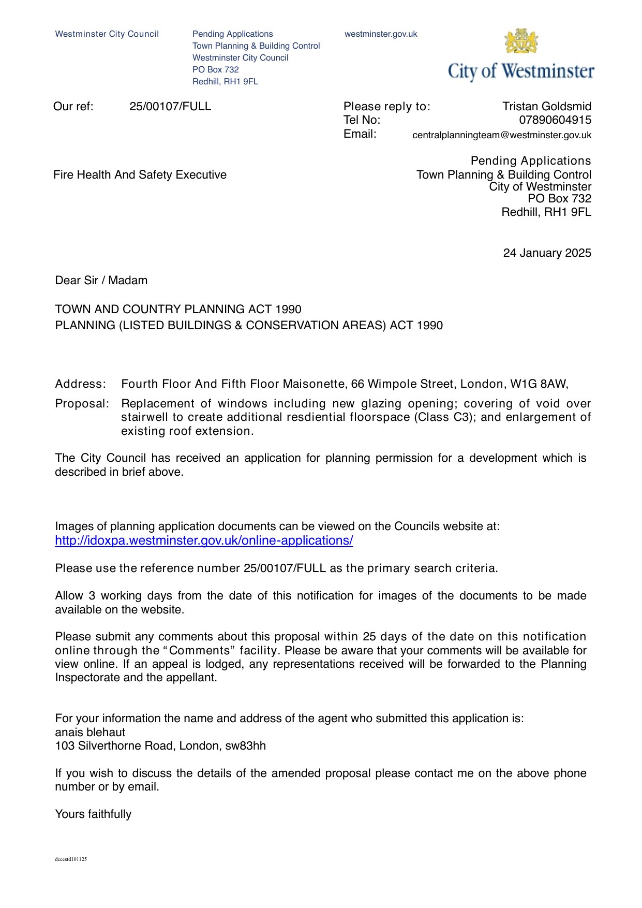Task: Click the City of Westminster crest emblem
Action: [521, 41]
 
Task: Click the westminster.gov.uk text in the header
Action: [381, 34]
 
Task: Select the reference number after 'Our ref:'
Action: [170, 107]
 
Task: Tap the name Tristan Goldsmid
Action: [546, 107]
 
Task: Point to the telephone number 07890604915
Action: [555, 120]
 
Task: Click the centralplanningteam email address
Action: [501, 135]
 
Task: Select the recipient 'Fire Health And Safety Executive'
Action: [140, 175]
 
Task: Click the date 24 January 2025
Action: [547, 253]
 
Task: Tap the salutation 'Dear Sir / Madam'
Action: [101, 281]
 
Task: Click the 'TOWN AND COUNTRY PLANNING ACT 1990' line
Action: [178, 310]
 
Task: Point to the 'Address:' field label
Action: [80, 384]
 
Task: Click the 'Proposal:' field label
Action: [82, 404]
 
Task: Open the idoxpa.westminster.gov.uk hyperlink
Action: [204, 540]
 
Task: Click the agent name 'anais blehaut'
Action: [90, 733]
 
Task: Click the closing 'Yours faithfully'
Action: [93, 814]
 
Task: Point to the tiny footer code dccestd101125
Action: [71, 859]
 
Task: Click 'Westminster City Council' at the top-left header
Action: [107, 34]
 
